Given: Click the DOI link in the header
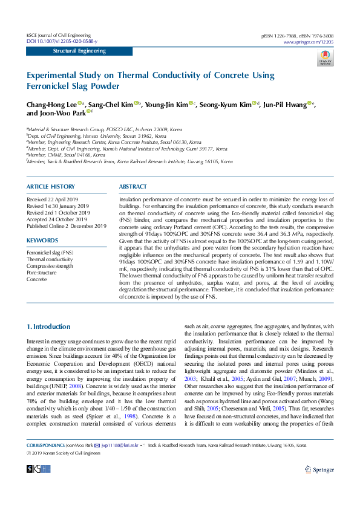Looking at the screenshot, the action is click(62, 41).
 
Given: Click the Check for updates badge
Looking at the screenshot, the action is click(325, 59).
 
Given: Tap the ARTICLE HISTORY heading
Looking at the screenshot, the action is click(51, 187).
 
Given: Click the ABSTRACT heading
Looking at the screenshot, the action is click(133, 187).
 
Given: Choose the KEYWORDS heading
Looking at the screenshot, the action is click(42, 241).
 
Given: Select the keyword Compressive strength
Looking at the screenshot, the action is click(50, 266).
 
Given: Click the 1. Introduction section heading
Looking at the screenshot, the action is click(49, 326).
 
